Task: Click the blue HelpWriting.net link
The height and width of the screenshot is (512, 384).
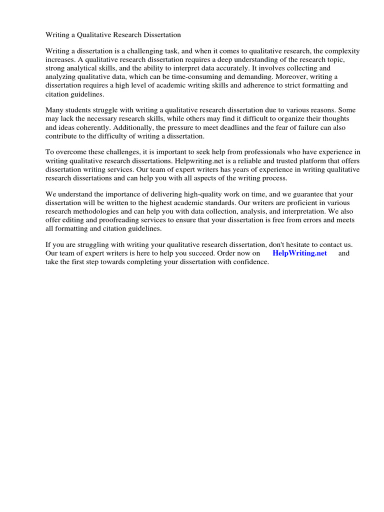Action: pyautogui.click(x=299, y=253)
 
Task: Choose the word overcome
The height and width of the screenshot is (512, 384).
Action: pyautogui.click(x=71, y=152)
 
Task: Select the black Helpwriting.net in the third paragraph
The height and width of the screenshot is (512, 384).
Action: pyautogui.click(x=199, y=161)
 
